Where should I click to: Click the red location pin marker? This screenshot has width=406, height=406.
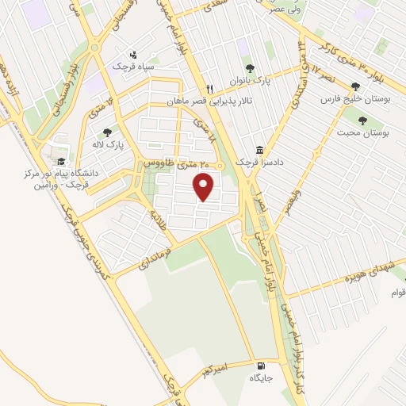pos(205,187)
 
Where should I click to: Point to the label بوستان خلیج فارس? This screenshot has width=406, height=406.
pos(352,99)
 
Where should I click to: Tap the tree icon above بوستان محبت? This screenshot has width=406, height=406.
pos(362,121)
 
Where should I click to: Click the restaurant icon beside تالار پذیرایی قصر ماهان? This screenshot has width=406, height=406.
pos(209,89)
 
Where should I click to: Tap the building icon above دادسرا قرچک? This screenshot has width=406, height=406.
pos(260,151)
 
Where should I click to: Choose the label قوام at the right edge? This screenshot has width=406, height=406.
pos(398,293)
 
